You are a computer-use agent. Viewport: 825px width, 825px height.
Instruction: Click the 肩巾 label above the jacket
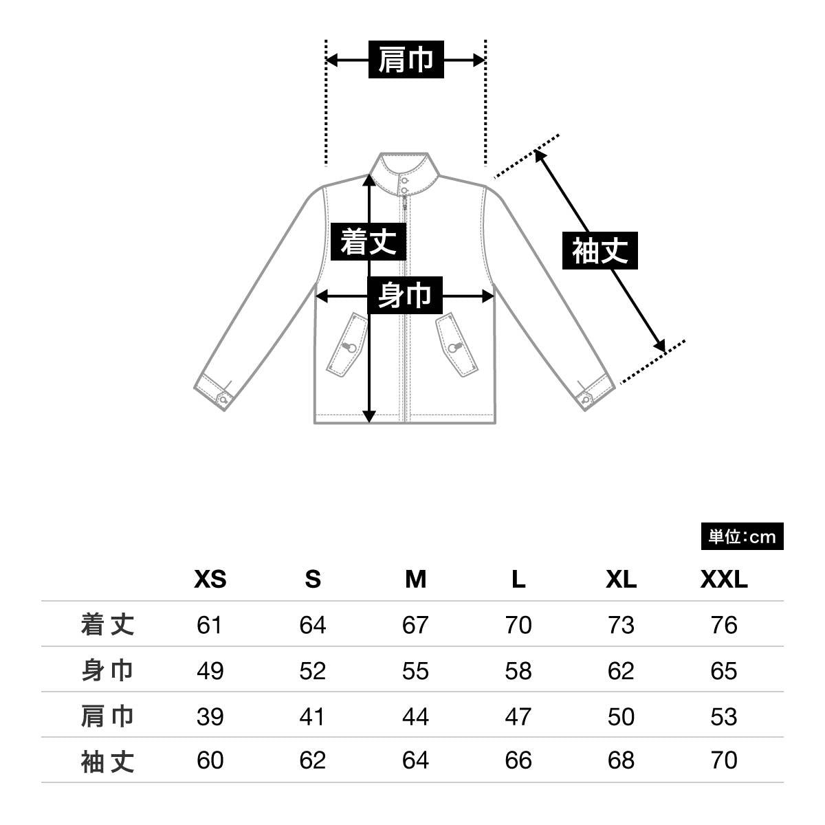tap(406, 60)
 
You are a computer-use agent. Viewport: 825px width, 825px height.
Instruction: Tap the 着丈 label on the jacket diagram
tap(369, 241)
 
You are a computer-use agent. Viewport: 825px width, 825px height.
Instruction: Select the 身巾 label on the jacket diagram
tap(404, 296)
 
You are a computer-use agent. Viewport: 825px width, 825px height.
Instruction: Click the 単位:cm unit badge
tap(742, 536)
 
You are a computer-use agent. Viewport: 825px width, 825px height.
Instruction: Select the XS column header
tap(210, 580)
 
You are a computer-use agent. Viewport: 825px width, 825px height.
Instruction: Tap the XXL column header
tap(723, 580)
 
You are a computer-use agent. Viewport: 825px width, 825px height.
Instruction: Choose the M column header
tap(415, 580)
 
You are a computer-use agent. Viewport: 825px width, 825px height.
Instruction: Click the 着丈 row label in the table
tap(107, 624)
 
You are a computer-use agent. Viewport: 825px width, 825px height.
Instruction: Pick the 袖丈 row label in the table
tap(107, 760)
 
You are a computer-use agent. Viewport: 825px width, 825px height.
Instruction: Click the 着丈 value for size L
tap(518, 625)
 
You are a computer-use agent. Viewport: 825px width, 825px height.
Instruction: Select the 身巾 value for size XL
tap(620, 670)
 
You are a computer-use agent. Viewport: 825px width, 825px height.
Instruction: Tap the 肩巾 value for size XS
tap(210, 716)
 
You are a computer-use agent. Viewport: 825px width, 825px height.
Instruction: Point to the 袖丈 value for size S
tap(312, 760)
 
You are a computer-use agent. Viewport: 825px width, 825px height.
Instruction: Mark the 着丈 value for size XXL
tap(723, 625)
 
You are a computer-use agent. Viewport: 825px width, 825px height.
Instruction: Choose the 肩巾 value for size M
tap(415, 716)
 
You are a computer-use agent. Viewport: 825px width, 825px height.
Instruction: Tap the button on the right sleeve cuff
tap(586, 398)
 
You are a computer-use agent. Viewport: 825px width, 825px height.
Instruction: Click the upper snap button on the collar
tap(405, 180)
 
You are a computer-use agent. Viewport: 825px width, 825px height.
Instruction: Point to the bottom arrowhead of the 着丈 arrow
tap(369, 417)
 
